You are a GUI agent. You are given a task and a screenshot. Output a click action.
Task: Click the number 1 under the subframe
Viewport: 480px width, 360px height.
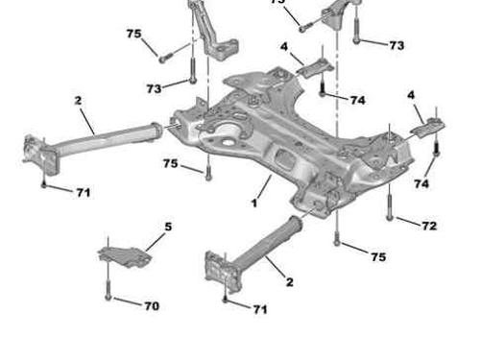pyautogui.click(x=254, y=203)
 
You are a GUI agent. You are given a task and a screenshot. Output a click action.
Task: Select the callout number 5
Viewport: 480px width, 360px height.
pyautogui.click(x=168, y=228)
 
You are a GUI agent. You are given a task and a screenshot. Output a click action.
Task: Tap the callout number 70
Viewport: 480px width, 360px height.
pyautogui.click(x=152, y=306)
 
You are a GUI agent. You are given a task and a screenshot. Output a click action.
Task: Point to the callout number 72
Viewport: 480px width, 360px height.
pyautogui.click(x=429, y=226)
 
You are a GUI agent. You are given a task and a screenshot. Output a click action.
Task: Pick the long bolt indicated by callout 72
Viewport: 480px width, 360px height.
pyautogui.click(x=390, y=203)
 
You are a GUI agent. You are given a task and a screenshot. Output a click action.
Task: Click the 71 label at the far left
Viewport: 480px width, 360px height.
pyautogui.click(x=84, y=192)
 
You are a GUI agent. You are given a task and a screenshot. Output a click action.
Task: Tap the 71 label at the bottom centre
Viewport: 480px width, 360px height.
pyautogui.click(x=259, y=308)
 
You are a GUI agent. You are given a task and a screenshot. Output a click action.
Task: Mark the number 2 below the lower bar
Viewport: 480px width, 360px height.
pyautogui.click(x=289, y=281)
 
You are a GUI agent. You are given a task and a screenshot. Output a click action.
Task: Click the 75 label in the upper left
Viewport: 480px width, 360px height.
pyautogui.click(x=133, y=34)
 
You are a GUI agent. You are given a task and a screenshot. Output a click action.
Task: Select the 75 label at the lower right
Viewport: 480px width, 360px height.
pyautogui.click(x=378, y=257)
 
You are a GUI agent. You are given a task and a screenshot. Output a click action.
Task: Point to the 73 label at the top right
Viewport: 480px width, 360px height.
pyautogui.click(x=396, y=44)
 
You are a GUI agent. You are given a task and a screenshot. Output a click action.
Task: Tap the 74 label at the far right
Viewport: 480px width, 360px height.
pyautogui.click(x=421, y=182)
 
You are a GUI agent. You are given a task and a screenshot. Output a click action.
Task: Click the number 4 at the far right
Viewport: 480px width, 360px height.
pyautogui.click(x=411, y=95)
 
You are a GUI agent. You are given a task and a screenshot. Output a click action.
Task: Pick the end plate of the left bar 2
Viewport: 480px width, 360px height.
pyautogui.click(x=37, y=154)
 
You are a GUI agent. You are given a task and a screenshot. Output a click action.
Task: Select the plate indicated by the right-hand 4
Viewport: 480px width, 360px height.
pyautogui.click(x=428, y=126)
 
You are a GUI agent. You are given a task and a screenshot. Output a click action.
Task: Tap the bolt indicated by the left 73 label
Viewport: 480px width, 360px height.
pyautogui.click(x=192, y=69)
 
